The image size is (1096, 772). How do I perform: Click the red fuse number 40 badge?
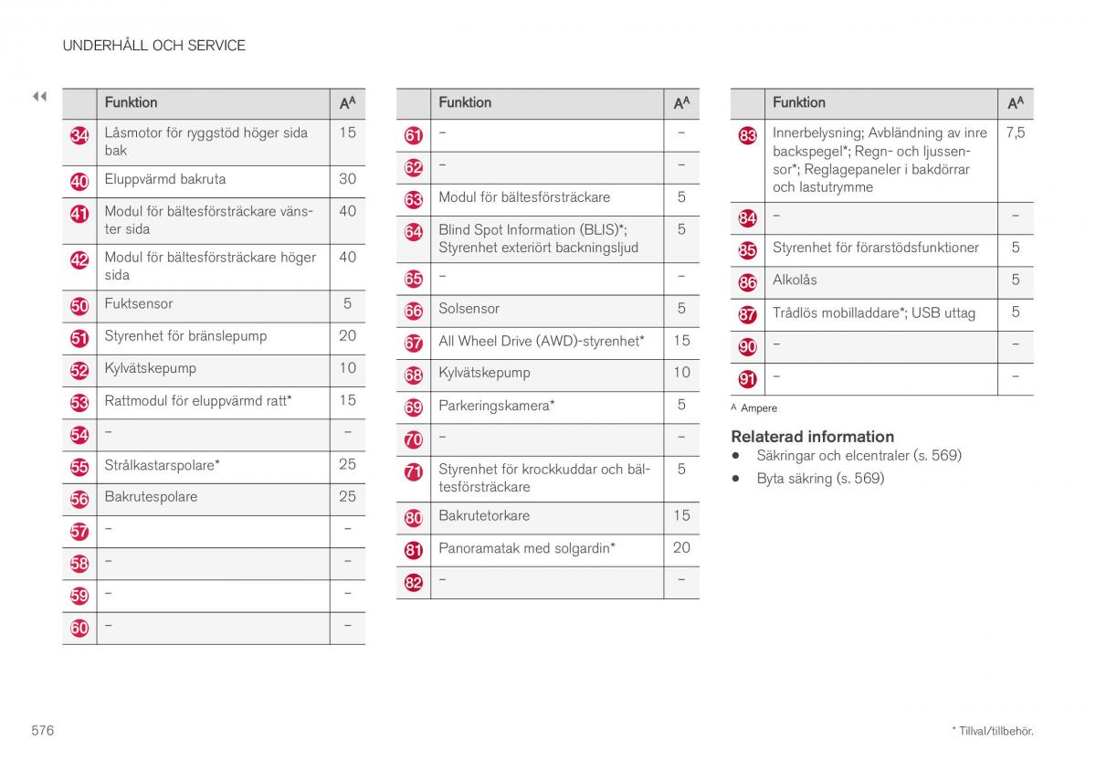click(x=79, y=182)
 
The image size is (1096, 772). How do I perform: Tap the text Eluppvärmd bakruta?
click(x=164, y=179)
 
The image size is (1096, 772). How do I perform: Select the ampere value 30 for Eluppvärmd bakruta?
click(x=347, y=179)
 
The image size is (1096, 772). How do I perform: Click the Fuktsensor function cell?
click(x=138, y=303)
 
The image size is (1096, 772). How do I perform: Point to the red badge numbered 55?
click(x=79, y=468)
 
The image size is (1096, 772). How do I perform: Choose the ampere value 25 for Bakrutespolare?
click(x=347, y=497)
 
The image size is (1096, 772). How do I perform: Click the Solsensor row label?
click(x=469, y=309)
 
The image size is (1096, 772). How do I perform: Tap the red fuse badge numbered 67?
click(x=414, y=344)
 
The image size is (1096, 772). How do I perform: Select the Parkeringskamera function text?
click(x=496, y=405)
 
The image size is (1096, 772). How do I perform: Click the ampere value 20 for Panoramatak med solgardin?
click(x=681, y=547)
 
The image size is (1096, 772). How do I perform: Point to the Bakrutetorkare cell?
click(x=484, y=515)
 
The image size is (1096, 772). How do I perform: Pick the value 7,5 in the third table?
click(x=1015, y=132)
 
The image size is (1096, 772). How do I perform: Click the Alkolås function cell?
click(x=795, y=280)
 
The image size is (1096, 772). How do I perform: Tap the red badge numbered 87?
click(x=748, y=315)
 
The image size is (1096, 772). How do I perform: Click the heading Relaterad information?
click(x=812, y=436)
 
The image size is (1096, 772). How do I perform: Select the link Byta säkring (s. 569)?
click(x=820, y=478)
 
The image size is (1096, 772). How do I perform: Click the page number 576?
click(x=42, y=730)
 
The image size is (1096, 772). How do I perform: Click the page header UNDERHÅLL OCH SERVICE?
click(x=153, y=45)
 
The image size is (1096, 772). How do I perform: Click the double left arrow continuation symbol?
click(x=39, y=96)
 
